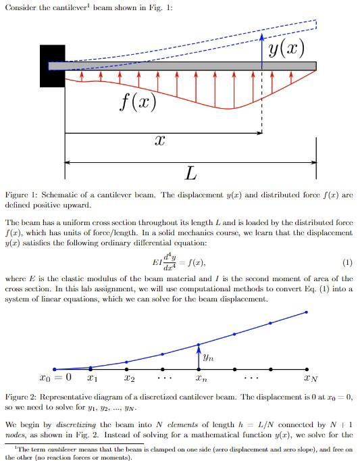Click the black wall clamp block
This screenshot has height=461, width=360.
[52, 66]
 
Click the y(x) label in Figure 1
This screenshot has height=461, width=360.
[285, 48]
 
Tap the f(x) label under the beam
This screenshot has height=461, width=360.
[137, 102]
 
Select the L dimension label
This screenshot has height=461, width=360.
[191, 175]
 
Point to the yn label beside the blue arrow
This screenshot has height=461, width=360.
[209, 354]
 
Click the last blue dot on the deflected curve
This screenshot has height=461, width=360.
[307, 312]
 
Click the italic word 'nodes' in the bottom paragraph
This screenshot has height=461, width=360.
[18, 433]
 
